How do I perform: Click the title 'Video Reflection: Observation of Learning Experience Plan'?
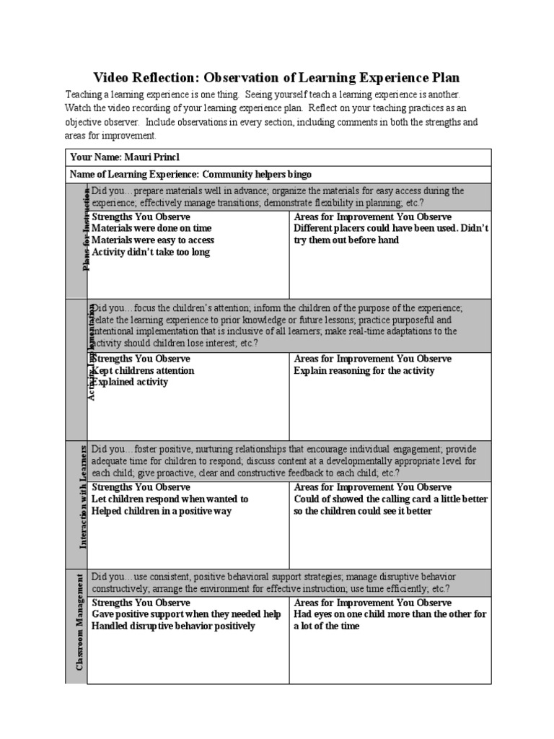tap(277, 78)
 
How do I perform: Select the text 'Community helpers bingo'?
tap(258, 175)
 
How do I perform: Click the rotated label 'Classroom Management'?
tap(78, 626)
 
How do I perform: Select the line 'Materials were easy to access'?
tap(153, 240)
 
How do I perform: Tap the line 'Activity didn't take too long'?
tap(151, 252)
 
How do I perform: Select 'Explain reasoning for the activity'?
tap(364, 371)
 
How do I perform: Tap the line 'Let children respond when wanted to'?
tap(170, 499)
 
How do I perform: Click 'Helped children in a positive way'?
tap(162, 511)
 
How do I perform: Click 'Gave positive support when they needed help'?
tap(186, 614)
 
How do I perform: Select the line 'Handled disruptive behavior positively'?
tap(173, 626)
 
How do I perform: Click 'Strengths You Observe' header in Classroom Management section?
tap(141, 603)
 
